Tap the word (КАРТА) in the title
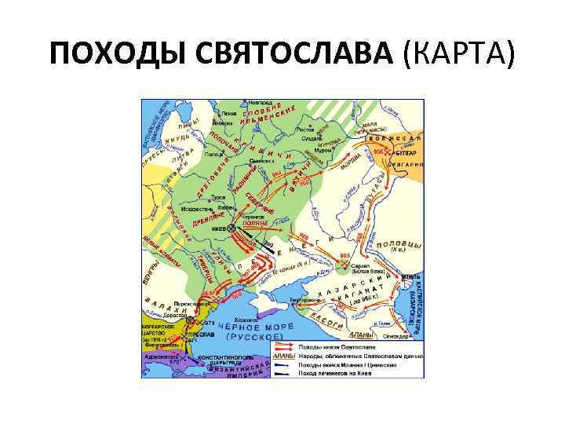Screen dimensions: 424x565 [458, 55]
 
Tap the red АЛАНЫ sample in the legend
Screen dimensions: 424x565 [284, 355]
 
